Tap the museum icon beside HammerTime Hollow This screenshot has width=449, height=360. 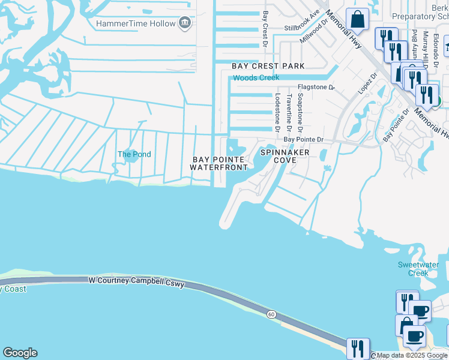(x=185, y=23)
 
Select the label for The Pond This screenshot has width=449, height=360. (x=134, y=154)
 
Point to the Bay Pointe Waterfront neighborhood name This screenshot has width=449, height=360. (x=220, y=163)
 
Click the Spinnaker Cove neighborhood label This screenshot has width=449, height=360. (x=285, y=156)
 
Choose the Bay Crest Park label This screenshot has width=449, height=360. (x=268, y=65)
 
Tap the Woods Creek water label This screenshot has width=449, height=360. (x=256, y=78)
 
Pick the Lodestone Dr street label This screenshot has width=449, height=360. (x=277, y=112)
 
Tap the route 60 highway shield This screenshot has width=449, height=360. (x=271, y=314)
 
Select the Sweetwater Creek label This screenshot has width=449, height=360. (x=418, y=269)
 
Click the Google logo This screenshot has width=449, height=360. (x=20, y=353)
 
